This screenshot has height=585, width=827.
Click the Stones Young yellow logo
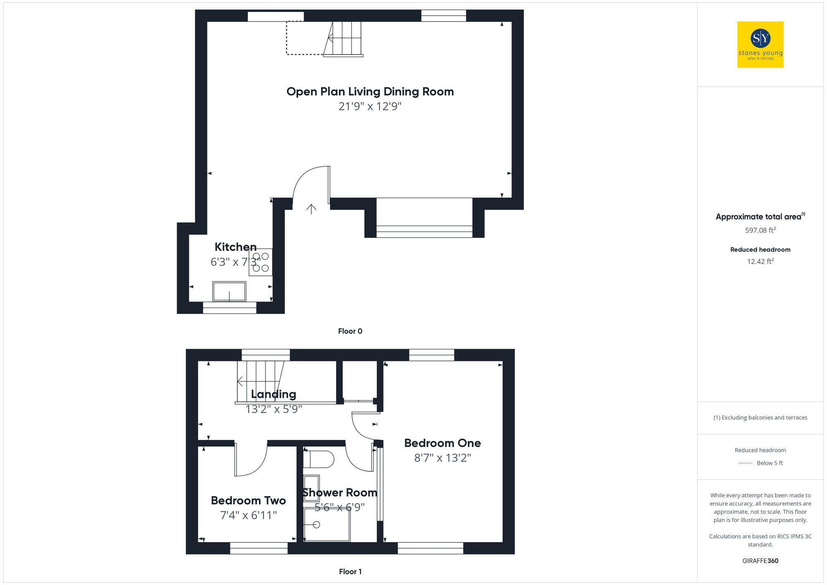(760, 45)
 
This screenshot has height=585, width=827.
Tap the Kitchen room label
(235, 247)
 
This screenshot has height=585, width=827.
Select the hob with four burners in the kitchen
(261, 262)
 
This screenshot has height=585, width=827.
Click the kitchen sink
(229, 291)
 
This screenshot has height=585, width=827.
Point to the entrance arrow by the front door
(311, 209)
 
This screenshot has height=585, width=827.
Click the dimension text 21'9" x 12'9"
(370, 106)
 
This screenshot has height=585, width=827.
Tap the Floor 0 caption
(350, 331)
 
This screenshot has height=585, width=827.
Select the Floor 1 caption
(350, 572)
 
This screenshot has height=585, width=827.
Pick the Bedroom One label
(442, 443)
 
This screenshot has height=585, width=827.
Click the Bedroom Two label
(248, 501)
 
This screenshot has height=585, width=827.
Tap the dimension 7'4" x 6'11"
(248, 516)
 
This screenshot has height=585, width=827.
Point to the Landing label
(273, 394)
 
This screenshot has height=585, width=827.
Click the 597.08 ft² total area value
(760, 230)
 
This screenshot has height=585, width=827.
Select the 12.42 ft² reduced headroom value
(760, 261)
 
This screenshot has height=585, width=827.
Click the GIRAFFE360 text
(760, 561)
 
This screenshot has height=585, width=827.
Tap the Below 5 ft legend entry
(769, 463)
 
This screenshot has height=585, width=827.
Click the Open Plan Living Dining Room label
(370, 91)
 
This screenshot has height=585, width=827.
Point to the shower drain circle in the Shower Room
(316, 525)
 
